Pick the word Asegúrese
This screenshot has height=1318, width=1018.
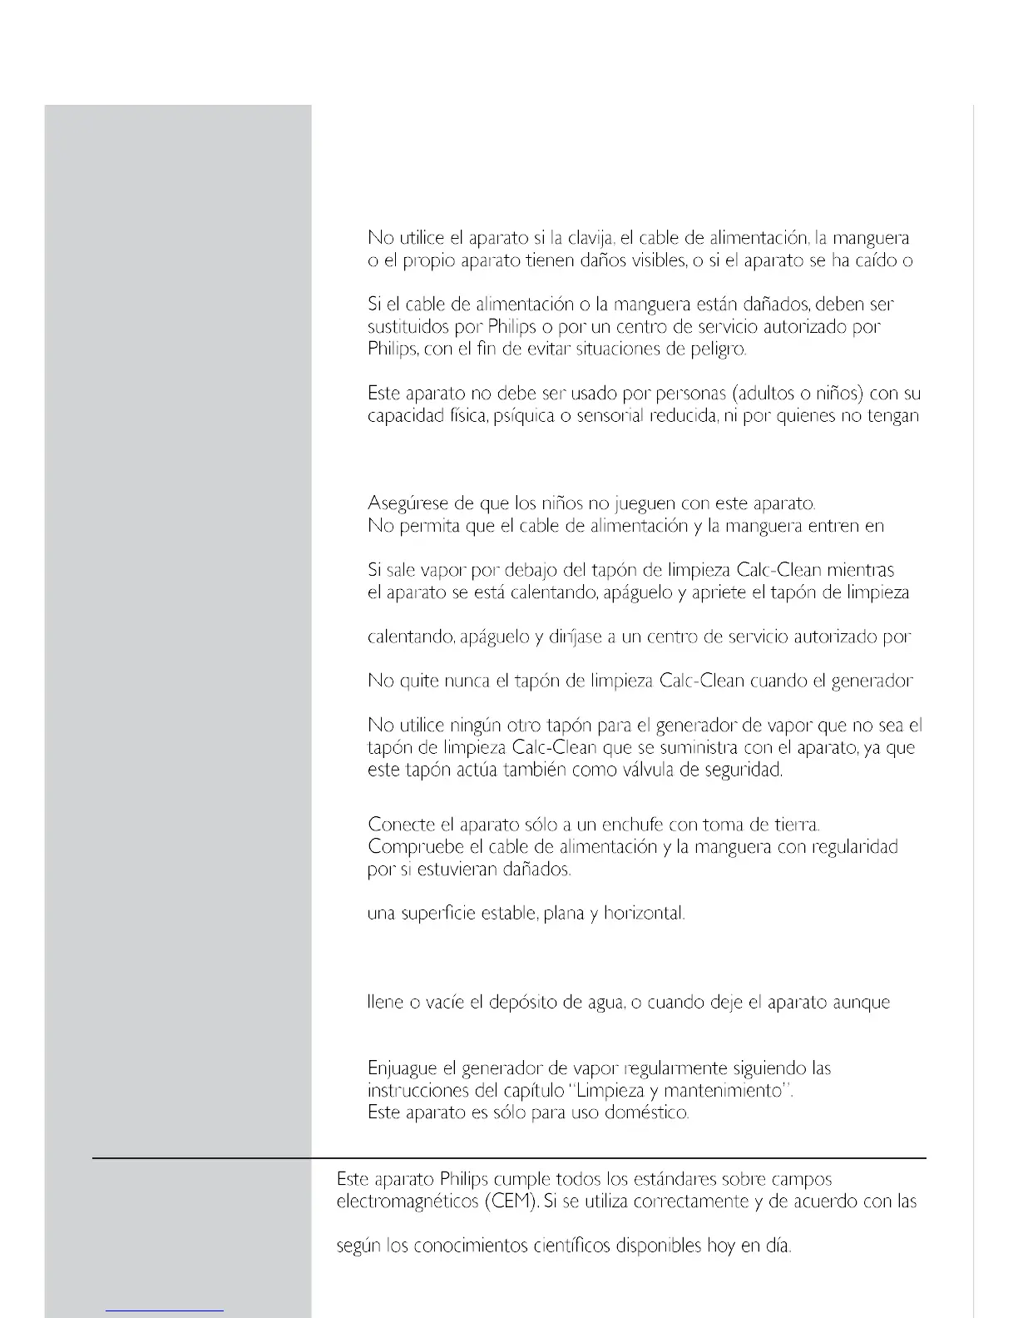408,504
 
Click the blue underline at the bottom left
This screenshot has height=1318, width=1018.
165,1311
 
